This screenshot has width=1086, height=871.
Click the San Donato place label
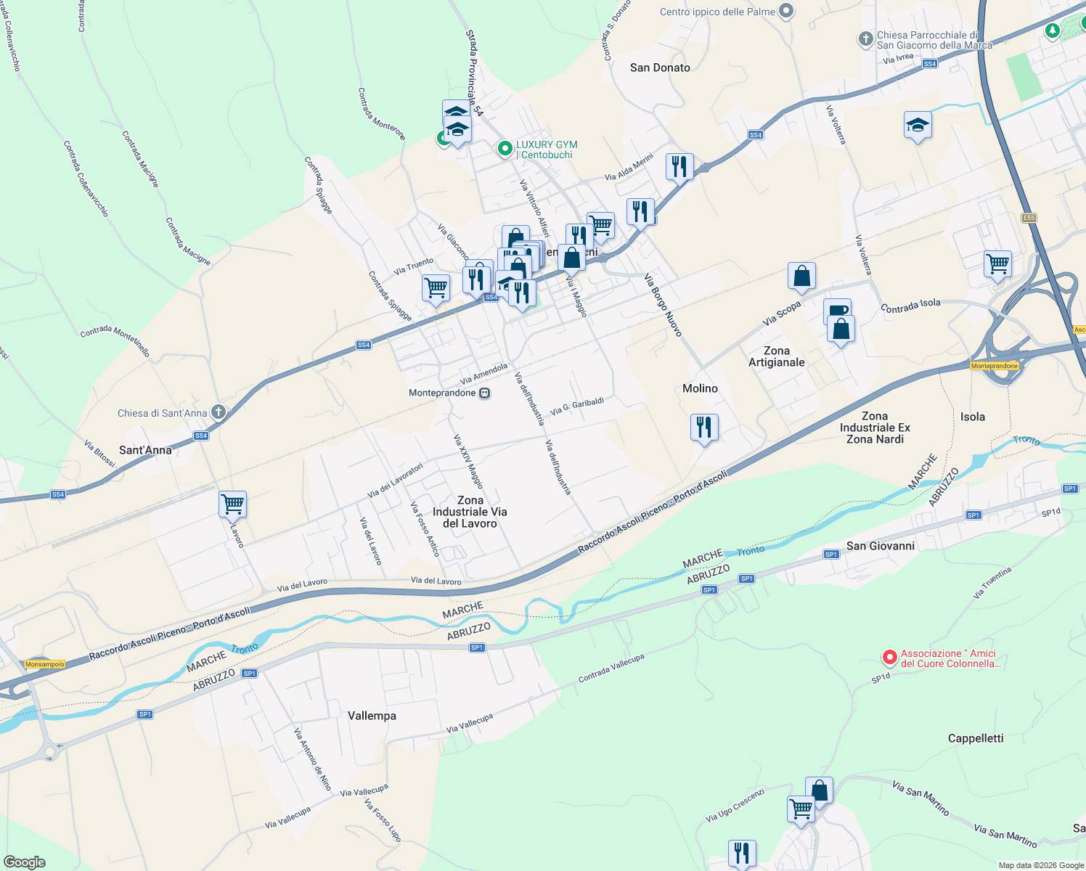[x=660, y=68]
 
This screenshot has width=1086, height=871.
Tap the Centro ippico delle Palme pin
[x=786, y=12]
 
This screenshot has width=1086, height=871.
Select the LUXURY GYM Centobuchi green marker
[x=505, y=149]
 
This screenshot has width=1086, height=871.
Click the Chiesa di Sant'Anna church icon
[x=218, y=412]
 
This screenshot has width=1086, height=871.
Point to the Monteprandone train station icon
[x=485, y=393]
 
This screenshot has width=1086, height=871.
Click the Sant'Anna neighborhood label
[x=145, y=450]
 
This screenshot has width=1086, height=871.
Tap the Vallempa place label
[x=372, y=716]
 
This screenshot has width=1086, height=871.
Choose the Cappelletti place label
[x=976, y=738]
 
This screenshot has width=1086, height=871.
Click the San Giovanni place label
[x=881, y=546]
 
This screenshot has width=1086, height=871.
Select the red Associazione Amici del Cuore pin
[x=889, y=657]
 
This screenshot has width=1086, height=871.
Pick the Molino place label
[x=700, y=388]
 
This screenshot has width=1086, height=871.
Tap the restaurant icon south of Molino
[x=703, y=428]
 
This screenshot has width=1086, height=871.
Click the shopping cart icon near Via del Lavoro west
[x=232, y=504]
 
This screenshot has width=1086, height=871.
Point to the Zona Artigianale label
[x=777, y=356]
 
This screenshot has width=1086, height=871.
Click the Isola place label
[x=973, y=417]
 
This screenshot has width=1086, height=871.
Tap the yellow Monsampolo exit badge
[x=45, y=664]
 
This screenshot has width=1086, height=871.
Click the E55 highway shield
[x=1029, y=218]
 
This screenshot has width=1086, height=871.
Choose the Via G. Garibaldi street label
[x=577, y=406]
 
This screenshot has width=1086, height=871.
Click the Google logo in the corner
[x=25, y=862]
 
